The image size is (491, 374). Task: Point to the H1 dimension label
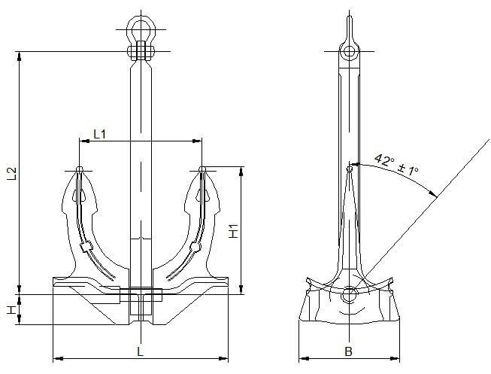pyautogui.click(x=233, y=230)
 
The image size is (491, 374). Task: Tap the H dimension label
pyautogui.click(x=11, y=310)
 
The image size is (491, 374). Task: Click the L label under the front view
pyautogui.click(x=140, y=351)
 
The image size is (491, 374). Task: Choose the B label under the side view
pyautogui.click(x=348, y=351)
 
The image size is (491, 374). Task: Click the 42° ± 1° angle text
pyautogui.click(x=396, y=165)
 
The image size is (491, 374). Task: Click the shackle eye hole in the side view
pyautogui.click(x=348, y=51)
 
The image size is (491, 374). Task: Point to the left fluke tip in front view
pyautogui.click(x=79, y=169)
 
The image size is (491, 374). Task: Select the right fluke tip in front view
pyautogui.click(x=202, y=169)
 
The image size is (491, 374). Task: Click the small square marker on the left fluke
pyautogui.click(x=86, y=246)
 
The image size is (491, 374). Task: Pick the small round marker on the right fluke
pyautogui.click(x=195, y=247)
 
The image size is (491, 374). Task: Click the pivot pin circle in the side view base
pyautogui.click(x=348, y=296)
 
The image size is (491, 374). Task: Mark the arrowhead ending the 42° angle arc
pyautogui.click(x=434, y=193)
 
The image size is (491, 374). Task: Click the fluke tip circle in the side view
pyautogui.click(x=348, y=169)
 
